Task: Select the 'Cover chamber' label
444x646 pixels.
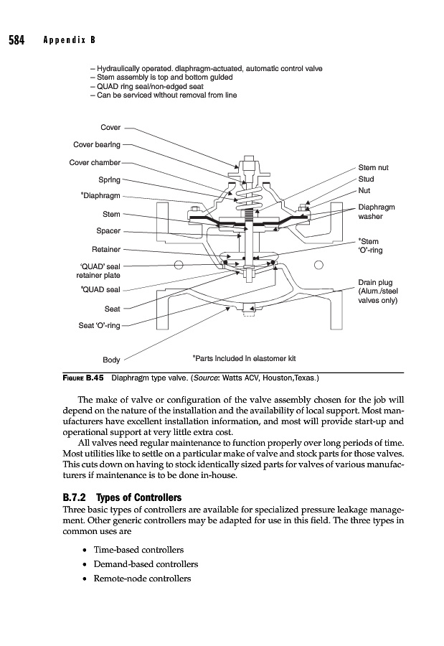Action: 95,162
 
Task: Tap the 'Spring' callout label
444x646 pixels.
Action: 109,179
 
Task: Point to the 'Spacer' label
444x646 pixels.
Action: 108,231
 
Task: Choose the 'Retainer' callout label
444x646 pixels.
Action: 105,250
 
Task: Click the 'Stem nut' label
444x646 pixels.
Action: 373,168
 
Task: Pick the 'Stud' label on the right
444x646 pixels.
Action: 366,179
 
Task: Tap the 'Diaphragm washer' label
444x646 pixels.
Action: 375,212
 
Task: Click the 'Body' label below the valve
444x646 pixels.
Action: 111,360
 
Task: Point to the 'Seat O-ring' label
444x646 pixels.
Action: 99,327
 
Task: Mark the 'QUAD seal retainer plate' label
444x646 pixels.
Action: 99,271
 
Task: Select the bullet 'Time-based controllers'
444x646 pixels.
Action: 138,550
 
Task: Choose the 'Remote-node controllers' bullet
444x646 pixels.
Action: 141,579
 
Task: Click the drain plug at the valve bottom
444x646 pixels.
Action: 250,310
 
